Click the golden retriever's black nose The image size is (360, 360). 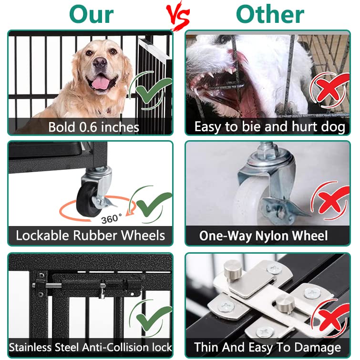click(100, 62)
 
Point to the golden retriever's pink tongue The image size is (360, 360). click(101, 83)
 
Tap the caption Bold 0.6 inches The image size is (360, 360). click(93, 127)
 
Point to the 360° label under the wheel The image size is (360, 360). click(111, 219)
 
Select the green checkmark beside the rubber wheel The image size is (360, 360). click(152, 203)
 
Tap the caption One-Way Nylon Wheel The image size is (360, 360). click(264, 236)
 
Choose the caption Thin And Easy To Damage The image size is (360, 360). click(267, 347)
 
